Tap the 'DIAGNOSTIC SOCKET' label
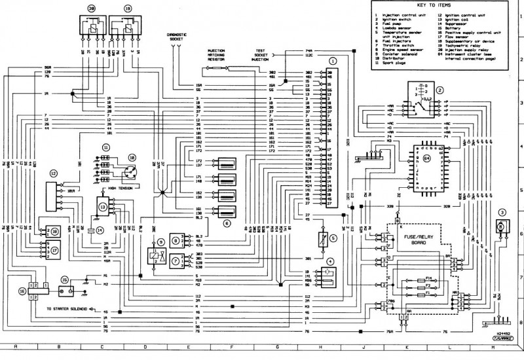click(177, 37)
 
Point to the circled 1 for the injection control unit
click(333, 60)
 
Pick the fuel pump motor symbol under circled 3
click(501, 227)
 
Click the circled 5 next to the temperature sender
click(333, 238)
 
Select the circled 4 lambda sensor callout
click(329, 261)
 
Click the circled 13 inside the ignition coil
click(103, 207)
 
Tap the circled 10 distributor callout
click(131, 158)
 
